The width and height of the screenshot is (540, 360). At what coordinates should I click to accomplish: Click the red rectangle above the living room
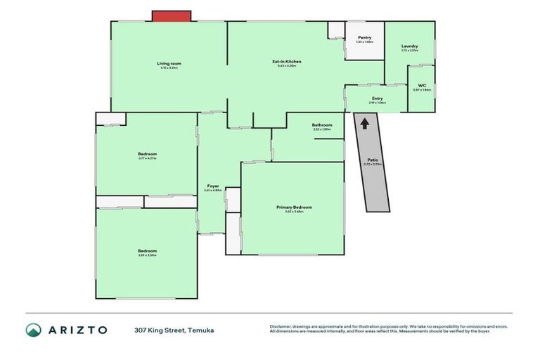point(172,15)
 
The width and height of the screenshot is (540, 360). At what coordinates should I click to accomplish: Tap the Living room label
point(169,63)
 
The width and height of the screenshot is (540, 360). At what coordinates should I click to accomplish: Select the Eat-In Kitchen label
point(287,62)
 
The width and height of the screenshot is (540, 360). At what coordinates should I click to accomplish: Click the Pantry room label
point(364,37)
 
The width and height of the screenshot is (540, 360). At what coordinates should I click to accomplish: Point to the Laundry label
point(409,46)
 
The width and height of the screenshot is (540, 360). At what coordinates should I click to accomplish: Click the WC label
point(422,85)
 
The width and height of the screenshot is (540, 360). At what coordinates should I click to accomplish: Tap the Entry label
point(378,98)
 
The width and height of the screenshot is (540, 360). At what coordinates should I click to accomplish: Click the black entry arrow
point(364,123)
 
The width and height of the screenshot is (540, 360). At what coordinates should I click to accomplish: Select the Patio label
point(373,160)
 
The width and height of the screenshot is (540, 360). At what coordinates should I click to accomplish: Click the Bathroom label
point(322,125)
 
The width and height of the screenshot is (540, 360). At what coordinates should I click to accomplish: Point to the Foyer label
point(212,186)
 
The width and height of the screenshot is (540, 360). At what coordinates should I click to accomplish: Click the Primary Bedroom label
point(294,207)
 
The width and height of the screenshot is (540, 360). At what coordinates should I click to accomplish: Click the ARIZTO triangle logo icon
point(33,330)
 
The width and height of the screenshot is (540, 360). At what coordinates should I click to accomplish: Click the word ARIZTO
point(78,330)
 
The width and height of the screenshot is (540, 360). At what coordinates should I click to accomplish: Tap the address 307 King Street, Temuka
point(174,330)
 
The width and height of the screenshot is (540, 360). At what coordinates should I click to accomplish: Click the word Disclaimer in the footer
point(282,326)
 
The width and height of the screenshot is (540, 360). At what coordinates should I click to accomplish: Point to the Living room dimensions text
point(169,68)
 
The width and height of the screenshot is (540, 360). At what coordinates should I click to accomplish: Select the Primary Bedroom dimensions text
point(294,212)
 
